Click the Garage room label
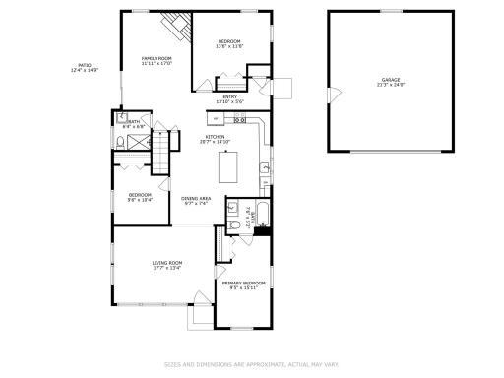pos(391,79)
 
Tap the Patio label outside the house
pos(86,68)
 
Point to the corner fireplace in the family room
pos(175,27)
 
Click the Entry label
pos(229,96)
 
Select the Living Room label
pos(167,262)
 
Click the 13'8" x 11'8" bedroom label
pos(229,41)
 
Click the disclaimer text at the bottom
pos(251,363)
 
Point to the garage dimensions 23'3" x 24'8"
pos(391,85)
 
